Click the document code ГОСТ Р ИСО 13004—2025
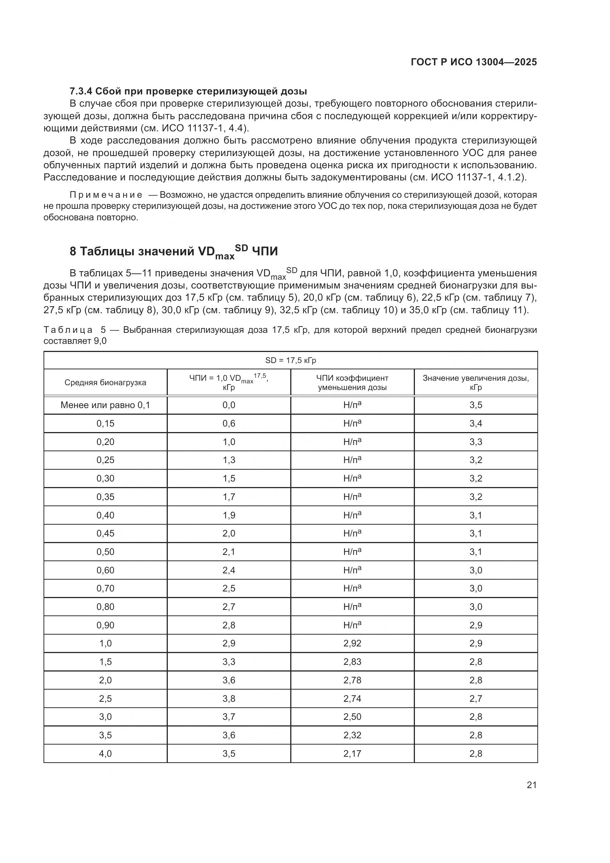tap(474, 62)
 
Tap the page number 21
tap(531, 785)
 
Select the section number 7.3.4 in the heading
tap(81, 91)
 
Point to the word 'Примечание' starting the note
tap(106, 195)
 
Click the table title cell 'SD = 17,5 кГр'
tap(290, 360)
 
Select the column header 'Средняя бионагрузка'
tap(105, 383)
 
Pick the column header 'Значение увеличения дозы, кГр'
tap(475, 383)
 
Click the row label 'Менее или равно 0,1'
tap(105, 405)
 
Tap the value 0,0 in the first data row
tap(229, 405)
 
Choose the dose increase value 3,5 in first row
tap(475, 405)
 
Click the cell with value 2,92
tap(352, 643)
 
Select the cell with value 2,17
tap(352, 754)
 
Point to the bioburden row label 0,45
tap(105, 534)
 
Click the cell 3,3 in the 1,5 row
tap(229, 662)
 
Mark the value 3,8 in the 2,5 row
tap(229, 698)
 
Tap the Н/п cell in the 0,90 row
tap(352, 625)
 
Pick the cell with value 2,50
tap(352, 717)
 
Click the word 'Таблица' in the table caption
tap(68, 330)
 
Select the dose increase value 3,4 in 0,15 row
tap(475, 424)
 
